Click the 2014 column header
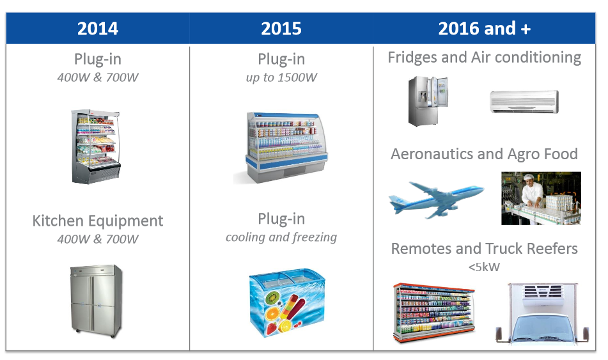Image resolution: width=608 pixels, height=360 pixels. (98, 28)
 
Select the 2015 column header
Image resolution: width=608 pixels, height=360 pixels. (281, 28)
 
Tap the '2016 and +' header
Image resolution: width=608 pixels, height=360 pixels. (485, 28)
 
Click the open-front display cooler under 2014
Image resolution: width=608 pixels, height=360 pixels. (96, 146)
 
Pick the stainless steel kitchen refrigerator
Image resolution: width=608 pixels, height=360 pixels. (96, 301)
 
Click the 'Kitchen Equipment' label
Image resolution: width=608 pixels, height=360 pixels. (98, 221)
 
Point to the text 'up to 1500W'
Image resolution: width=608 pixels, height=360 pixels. (281, 77)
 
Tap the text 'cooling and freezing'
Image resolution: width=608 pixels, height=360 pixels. (281, 237)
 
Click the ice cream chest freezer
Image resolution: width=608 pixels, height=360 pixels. (286, 302)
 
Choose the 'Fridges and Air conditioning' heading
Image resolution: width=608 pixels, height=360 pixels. (485, 58)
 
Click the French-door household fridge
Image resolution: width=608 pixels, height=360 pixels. (428, 101)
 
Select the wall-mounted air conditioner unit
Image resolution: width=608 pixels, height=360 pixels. (524, 102)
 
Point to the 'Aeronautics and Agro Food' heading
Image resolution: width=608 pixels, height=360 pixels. (485, 154)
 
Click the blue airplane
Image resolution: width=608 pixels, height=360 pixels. (436, 199)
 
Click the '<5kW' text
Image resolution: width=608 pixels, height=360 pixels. (485, 267)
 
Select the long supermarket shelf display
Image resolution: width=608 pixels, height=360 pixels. (434, 312)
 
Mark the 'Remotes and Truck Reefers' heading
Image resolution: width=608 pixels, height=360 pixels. (485, 249)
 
